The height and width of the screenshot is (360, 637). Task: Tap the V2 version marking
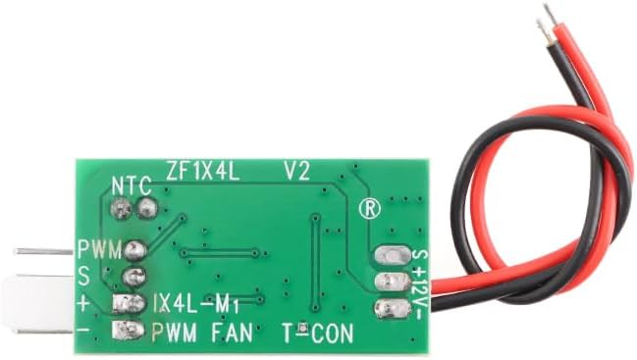point(297,171)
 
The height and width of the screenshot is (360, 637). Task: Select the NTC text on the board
point(132,185)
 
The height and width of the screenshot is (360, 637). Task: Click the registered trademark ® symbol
point(370,208)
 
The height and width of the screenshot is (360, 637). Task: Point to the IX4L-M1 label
point(195,302)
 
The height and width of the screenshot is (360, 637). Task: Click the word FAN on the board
point(232,333)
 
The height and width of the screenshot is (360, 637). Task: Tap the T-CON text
point(318,334)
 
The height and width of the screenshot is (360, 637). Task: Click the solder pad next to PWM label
point(134,250)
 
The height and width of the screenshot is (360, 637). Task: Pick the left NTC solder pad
point(121,209)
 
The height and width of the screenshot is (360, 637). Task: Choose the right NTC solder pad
point(146,208)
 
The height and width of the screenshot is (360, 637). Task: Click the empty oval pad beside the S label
point(394,255)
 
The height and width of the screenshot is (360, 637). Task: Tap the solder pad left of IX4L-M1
point(129,303)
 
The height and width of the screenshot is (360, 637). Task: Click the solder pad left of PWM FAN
point(129,330)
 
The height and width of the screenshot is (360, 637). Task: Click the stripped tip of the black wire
point(544,30)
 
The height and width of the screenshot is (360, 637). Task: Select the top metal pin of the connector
point(43,252)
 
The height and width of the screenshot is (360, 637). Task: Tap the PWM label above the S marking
point(100,250)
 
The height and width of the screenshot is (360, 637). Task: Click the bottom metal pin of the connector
point(45,332)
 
